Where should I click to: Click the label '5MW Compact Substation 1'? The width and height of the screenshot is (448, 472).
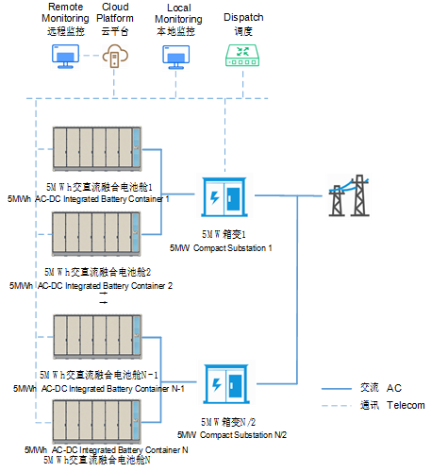(221, 247)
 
